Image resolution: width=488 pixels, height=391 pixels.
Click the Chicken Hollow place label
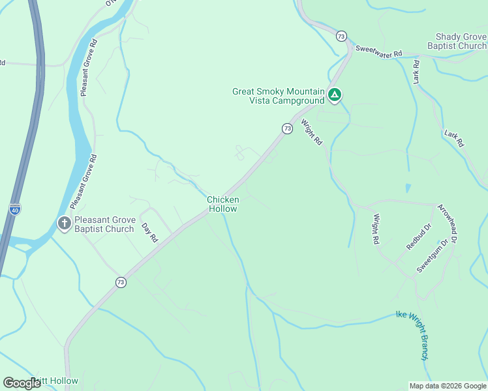pyautogui.click(x=222, y=204)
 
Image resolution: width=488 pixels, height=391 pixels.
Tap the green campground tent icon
pyautogui.click(x=334, y=96)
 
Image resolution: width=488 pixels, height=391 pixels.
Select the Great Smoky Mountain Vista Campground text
pyautogui.click(x=278, y=96)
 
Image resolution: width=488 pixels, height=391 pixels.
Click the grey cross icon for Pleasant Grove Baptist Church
pyautogui.click(x=64, y=224)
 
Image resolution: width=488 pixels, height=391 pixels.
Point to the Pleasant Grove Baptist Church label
pyautogui.click(x=104, y=224)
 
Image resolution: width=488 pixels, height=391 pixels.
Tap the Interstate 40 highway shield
pyautogui.click(x=14, y=209)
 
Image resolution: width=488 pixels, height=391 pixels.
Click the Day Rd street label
pyautogui.click(x=149, y=233)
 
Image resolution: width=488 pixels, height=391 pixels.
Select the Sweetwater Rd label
pyautogui.click(x=378, y=51)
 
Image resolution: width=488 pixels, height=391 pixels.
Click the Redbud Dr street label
pyautogui.click(x=418, y=237)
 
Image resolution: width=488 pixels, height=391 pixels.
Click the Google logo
pyautogui.click(x=22, y=383)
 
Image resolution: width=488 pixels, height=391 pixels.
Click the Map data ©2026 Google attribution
pyautogui.click(x=447, y=386)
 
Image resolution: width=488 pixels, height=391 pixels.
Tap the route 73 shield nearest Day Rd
pyautogui.click(x=120, y=282)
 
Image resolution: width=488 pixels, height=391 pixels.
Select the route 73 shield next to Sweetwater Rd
pyautogui.click(x=341, y=36)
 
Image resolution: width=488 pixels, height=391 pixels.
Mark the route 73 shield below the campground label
pyautogui.click(x=287, y=128)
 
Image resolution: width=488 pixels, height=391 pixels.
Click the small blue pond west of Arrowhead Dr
pyautogui.click(x=408, y=188)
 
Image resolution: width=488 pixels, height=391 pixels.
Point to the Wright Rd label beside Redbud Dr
pyautogui.click(x=376, y=229)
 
